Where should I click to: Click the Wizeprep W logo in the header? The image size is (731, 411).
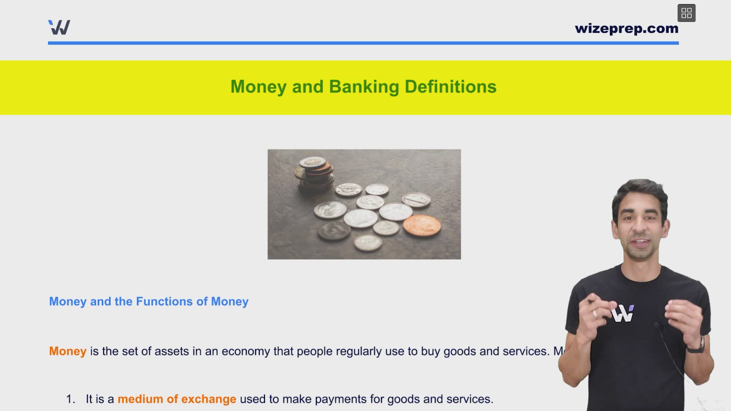point(59,27)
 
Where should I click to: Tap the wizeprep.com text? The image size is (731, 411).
point(626,29)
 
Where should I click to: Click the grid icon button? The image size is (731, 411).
point(686,13)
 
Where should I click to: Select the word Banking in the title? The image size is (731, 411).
point(364,87)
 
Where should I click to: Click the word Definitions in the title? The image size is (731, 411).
point(450,87)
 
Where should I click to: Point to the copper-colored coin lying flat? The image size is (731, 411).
point(421,225)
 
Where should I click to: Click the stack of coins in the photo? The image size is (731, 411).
point(315,174)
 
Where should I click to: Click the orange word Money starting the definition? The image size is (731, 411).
point(68,351)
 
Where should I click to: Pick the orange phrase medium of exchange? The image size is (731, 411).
point(177,399)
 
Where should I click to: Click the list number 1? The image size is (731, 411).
point(70,399)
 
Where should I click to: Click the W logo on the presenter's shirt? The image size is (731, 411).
point(622,314)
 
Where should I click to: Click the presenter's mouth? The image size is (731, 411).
point(641,242)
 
